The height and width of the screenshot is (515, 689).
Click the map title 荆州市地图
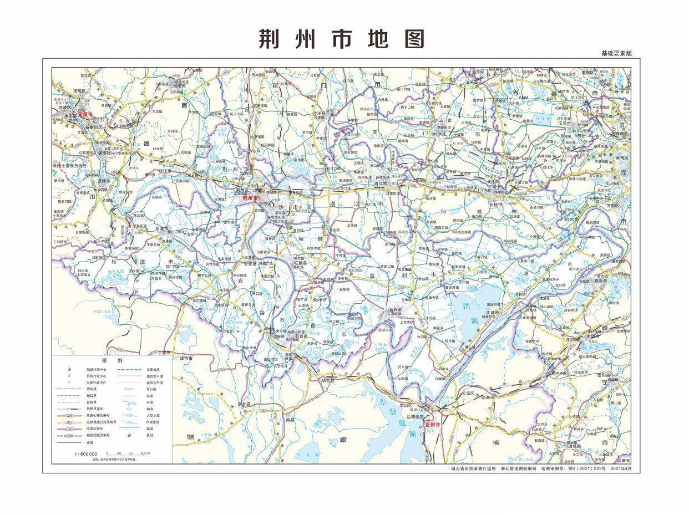(x=342, y=39)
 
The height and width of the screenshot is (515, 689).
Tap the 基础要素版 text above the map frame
(x=616, y=53)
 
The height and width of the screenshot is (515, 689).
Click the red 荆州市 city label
(x=251, y=197)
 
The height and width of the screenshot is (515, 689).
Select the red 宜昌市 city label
(x=85, y=114)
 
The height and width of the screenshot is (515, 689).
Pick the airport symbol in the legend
(x=130, y=436)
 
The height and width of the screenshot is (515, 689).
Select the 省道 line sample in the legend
(x=69, y=442)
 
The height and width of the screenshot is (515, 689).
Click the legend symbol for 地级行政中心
(x=69, y=369)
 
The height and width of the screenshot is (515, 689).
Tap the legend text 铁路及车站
(x=95, y=409)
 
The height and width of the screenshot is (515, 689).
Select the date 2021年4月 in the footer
(x=620, y=468)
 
